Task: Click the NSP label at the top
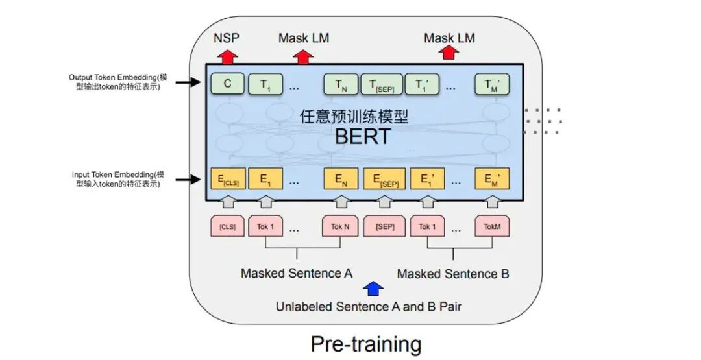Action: (x=226, y=38)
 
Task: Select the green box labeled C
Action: (x=227, y=84)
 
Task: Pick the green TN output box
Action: (x=340, y=84)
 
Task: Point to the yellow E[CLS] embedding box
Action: (x=227, y=179)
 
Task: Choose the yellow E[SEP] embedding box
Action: (x=384, y=179)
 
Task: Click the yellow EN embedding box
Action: (x=341, y=179)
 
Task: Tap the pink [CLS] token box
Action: (x=227, y=226)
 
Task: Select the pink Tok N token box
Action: (x=340, y=226)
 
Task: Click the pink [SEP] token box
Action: (x=384, y=226)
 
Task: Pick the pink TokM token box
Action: (x=492, y=226)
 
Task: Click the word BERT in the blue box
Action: (x=363, y=136)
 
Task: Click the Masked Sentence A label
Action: (x=296, y=273)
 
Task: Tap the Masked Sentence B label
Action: (x=452, y=274)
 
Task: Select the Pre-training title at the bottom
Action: (x=365, y=343)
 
